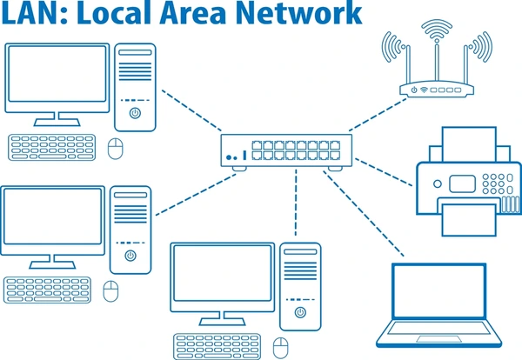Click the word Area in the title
tap(194, 13)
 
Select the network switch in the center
tap(286, 152)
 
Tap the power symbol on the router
tap(414, 90)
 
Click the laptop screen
tap(439, 291)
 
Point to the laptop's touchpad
tap(438, 339)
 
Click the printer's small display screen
tap(462, 184)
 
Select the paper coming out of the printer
tap(469, 220)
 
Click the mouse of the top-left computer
tap(115, 149)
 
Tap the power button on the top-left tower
tap(135, 113)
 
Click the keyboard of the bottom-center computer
tap(217, 346)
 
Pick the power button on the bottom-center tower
tap(300, 312)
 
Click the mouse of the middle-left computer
tap(110, 291)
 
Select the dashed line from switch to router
tap(378, 115)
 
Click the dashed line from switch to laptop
tap(364, 214)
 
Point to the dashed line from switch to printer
tap(384, 172)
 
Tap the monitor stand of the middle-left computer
tap(52, 262)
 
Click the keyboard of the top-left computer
tap(52, 148)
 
